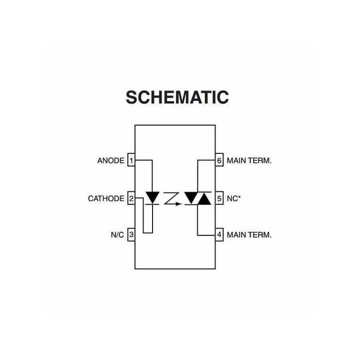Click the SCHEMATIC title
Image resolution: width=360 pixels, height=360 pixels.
coord(177,97)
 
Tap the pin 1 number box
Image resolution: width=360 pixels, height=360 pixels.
coord(131,160)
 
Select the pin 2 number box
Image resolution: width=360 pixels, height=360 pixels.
coord(131,198)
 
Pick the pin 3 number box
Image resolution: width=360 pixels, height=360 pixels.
coord(131,234)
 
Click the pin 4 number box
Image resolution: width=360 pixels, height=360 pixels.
coord(219,234)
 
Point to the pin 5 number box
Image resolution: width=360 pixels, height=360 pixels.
coord(219,198)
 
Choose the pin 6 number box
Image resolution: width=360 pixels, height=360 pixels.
coord(219,160)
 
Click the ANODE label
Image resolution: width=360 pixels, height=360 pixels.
coord(111,160)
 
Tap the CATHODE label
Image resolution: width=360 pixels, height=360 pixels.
coord(106,198)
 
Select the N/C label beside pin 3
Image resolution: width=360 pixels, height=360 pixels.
coord(117,234)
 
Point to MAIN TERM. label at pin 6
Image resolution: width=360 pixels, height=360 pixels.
coord(249,160)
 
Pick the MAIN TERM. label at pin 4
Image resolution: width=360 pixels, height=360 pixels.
coord(249,234)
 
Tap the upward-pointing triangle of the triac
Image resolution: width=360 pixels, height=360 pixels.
coord(205,199)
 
